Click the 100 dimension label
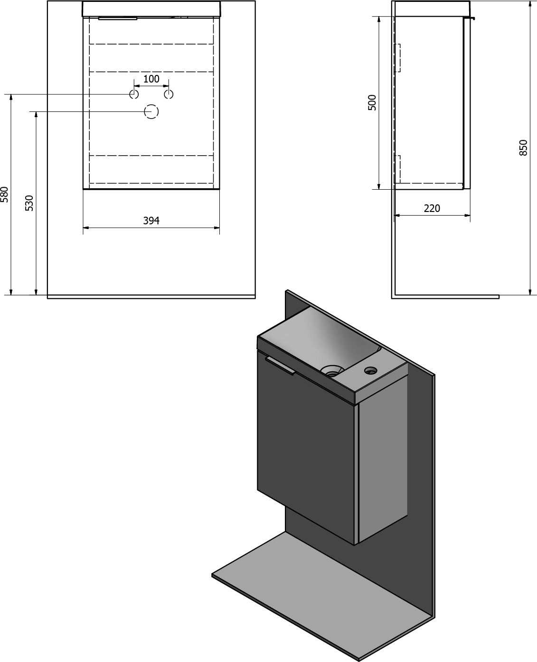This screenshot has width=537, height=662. pyautogui.click(x=151, y=79)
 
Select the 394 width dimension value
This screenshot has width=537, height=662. pyautogui.click(x=151, y=221)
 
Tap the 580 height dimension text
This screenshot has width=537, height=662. pyautogui.click(x=4, y=194)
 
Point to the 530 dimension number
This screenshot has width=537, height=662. pyautogui.click(x=29, y=203)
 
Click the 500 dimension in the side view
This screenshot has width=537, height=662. pyautogui.click(x=372, y=102)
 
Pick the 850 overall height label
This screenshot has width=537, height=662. pyautogui.click(x=523, y=148)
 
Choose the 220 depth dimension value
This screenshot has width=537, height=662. pyautogui.click(x=432, y=209)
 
